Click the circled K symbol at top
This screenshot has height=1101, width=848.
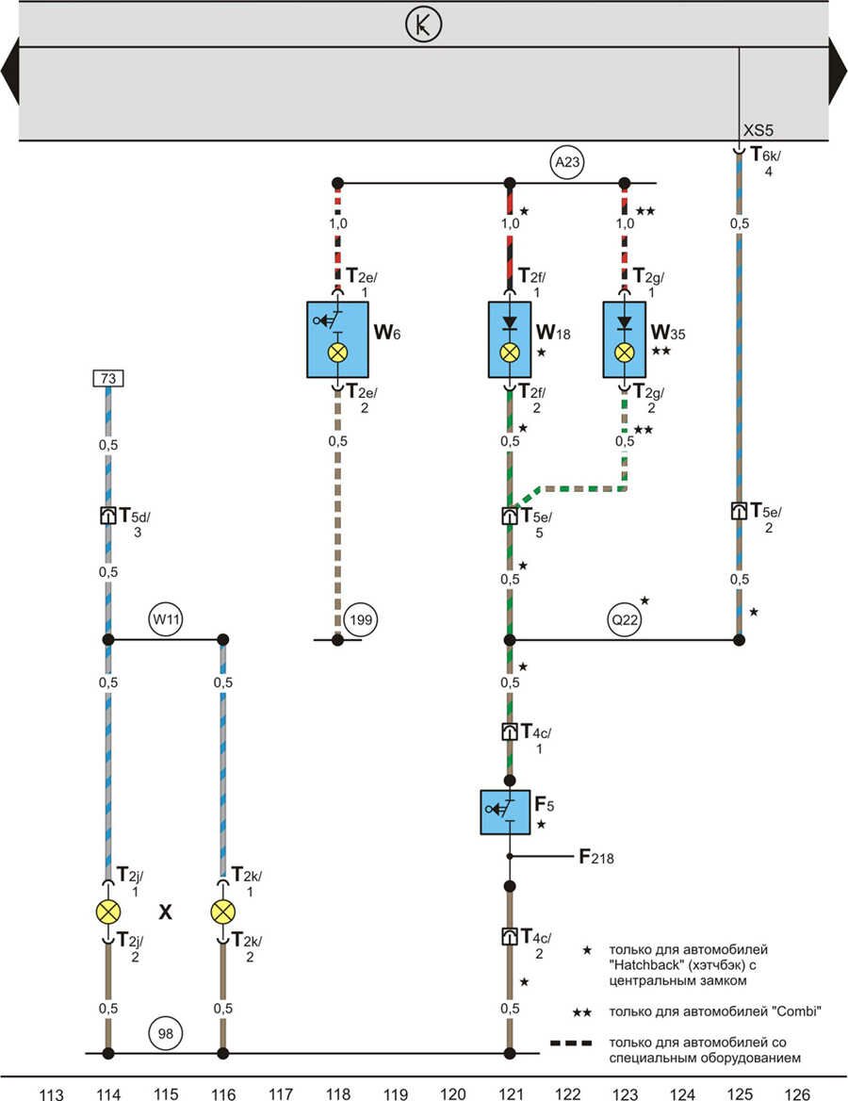pyautogui.click(x=423, y=26)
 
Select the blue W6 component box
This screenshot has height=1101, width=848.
pyautogui.click(x=338, y=339)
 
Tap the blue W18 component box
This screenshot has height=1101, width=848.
pyautogui.click(x=510, y=339)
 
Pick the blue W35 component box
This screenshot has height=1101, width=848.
pyautogui.click(x=624, y=339)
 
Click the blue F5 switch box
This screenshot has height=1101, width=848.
pyautogui.click(x=510, y=812)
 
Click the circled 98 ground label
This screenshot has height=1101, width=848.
pyautogui.click(x=166, y=1033)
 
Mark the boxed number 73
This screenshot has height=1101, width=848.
pyautogui.click(x=108, y=379)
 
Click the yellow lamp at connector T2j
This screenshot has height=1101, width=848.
pyautogui.click(x=108, y=912)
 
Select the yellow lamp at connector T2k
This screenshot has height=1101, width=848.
pyautogui.click(x=223, y=912)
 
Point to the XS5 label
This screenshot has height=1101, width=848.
pyautogui.click(x=758, y=131)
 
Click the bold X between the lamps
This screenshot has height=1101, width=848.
pyautogui.click(x=166, y=912)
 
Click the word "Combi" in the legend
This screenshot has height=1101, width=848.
pyautogui.click(x=771, y=1011)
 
